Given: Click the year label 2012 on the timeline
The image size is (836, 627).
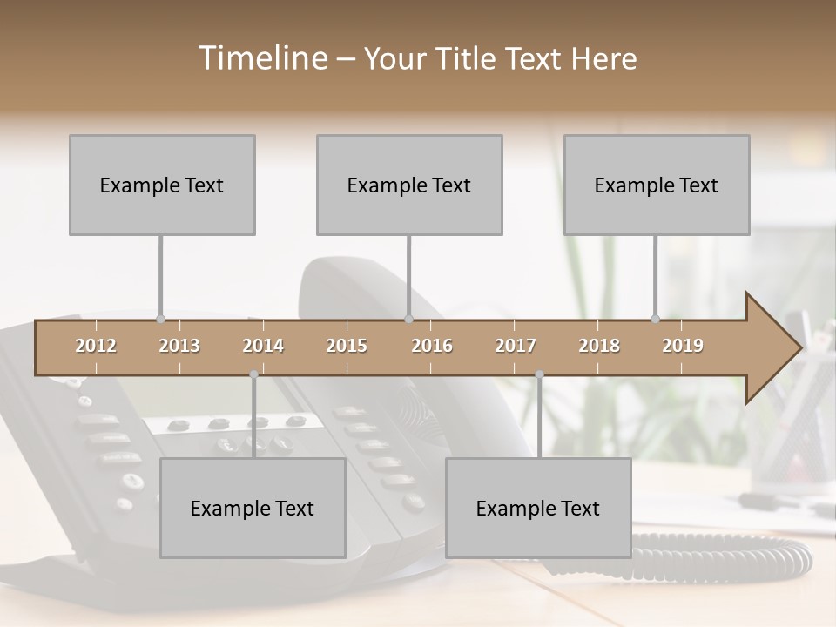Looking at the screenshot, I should (96, 346).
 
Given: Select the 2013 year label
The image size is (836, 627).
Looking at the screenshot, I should (179, 346).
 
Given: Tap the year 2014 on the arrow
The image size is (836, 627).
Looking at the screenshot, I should (263, 346).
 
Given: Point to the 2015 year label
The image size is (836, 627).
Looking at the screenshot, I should (347, 346).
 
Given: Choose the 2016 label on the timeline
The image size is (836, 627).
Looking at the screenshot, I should (432, 346).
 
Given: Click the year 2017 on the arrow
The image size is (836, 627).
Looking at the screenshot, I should (516, 346).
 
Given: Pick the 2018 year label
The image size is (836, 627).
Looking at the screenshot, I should (599, 346).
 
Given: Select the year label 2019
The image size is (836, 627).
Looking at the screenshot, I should (683, 346).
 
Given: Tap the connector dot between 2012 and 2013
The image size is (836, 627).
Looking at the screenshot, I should (160, 320).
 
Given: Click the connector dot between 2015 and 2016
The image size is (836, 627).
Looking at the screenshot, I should (408, 320).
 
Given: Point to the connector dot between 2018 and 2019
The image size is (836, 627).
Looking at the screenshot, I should (655, 320).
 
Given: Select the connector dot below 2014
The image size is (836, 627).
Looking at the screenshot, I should (253, 374).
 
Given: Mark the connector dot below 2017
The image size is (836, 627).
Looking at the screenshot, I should (539, 374).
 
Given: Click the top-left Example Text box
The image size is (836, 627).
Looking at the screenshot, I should (162, 185).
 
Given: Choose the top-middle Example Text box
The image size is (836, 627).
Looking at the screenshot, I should (409, 185).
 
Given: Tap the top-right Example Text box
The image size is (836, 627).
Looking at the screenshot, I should (657, 185).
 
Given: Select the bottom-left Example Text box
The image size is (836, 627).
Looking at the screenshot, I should (253, 509).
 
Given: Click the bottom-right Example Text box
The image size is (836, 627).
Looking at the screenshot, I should (538, 509).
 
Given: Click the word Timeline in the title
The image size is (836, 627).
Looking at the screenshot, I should (261, 58).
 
